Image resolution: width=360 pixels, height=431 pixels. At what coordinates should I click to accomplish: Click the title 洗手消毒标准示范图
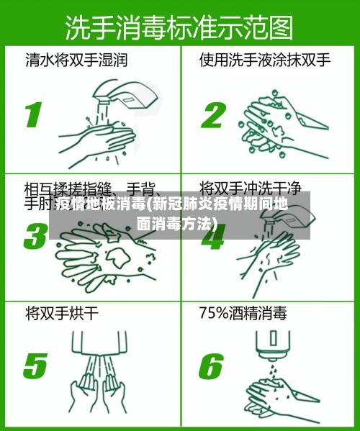179,28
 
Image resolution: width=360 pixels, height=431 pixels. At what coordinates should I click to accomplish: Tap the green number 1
33,114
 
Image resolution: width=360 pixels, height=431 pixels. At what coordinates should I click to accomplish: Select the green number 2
213,114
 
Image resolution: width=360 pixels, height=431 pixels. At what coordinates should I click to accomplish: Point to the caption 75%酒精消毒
243,314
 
